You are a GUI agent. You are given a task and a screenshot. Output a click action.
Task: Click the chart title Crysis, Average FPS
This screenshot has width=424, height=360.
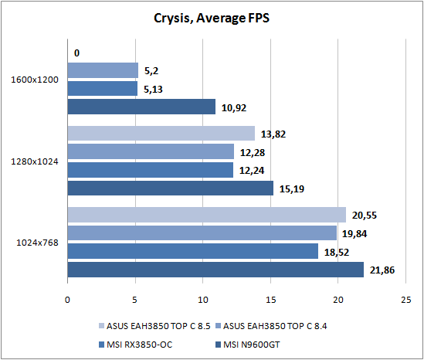(x=212, y=19)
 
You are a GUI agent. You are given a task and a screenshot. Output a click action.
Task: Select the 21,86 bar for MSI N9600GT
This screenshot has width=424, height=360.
(x=215, y=270)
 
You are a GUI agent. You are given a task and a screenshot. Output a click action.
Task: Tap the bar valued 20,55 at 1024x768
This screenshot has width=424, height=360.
(x=206, y=215)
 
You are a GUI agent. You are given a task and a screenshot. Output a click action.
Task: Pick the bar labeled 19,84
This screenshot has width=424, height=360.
(x=202, y=233)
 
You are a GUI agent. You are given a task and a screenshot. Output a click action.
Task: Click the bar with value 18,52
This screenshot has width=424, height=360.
(x=193, y=251)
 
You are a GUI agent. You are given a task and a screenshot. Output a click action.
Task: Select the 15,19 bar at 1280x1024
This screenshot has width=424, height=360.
(x=171, y=188)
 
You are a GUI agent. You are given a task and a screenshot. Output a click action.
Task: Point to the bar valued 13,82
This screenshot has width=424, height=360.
(x=161, y=133)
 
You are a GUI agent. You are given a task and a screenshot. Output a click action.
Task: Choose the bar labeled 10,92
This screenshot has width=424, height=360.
(x=141, y=107)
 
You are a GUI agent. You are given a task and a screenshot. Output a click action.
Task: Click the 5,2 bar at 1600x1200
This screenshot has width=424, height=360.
(x=103, y=70)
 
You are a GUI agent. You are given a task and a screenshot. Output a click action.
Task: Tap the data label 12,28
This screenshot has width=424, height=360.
(x=253, y=153)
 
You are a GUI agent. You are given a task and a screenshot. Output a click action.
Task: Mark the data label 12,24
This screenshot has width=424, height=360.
(x=252, y=171)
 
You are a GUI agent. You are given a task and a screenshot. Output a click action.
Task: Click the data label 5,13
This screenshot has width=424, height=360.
(x=153, y=90)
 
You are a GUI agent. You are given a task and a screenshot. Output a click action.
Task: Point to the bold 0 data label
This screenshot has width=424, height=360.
(x=76, y=53)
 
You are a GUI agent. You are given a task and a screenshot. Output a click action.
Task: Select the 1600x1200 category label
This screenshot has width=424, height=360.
(x=35, y=80)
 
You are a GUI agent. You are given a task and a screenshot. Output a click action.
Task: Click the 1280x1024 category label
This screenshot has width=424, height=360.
(x=35, y=161)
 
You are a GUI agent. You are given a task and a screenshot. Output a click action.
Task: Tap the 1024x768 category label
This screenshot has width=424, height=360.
(x=37, y=243)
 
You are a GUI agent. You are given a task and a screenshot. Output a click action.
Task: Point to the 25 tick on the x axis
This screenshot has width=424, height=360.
(x=406, y=300)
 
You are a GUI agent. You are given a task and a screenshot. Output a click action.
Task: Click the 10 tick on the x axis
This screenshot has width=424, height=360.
(x=203, y=300)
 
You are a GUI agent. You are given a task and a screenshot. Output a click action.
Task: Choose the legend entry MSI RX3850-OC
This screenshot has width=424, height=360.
(x=135, y=345)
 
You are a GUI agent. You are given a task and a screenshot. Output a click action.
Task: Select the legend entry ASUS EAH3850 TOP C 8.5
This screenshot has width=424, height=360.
(x=154, y=326)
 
